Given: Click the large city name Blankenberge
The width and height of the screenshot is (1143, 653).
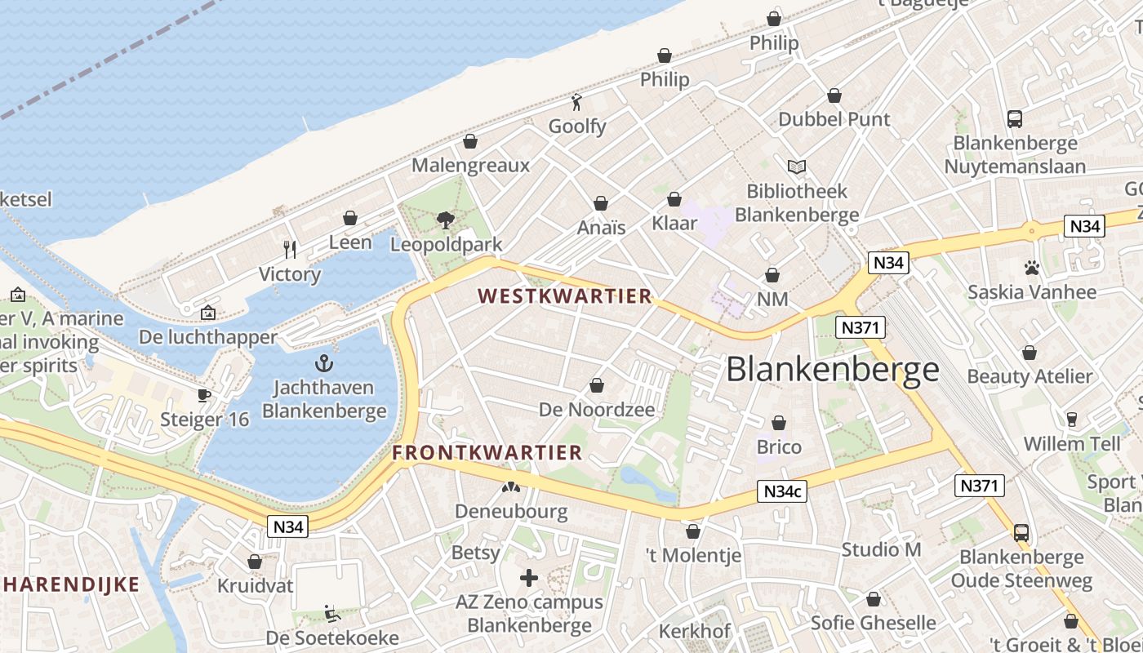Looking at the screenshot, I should [832, 370].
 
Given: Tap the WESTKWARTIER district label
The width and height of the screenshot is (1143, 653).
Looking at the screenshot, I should [564, 296].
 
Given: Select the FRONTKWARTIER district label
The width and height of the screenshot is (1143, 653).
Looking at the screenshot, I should [487, 452].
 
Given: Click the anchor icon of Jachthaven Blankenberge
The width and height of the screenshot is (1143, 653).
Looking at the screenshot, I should [324, 362].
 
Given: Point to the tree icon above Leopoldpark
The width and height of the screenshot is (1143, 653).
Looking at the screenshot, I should [445, 220].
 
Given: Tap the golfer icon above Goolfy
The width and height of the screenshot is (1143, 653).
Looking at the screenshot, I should [577, 102].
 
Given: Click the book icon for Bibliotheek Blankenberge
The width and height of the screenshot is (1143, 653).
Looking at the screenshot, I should [796, 167].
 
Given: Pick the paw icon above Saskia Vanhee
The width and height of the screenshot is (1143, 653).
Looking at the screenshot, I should [1031, 268].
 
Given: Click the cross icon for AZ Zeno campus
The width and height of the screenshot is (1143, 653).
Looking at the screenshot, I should [529, 579].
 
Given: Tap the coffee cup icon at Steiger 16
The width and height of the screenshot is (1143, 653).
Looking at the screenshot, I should [203, 396].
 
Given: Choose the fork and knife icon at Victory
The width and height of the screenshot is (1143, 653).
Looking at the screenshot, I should [289, 249].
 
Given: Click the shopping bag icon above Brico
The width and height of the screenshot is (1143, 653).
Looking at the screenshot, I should [779, 423].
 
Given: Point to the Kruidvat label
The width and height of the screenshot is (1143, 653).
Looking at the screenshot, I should [254, 586].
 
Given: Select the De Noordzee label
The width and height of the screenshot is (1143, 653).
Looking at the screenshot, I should [597, 410].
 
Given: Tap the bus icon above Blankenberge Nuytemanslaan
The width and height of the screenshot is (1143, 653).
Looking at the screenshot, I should [1014, 119].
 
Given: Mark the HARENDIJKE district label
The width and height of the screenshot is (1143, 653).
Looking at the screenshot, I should [71, 584].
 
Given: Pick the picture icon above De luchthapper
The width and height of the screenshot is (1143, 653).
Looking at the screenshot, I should [207, 313].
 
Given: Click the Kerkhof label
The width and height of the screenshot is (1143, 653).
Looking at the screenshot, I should [694, 631].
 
